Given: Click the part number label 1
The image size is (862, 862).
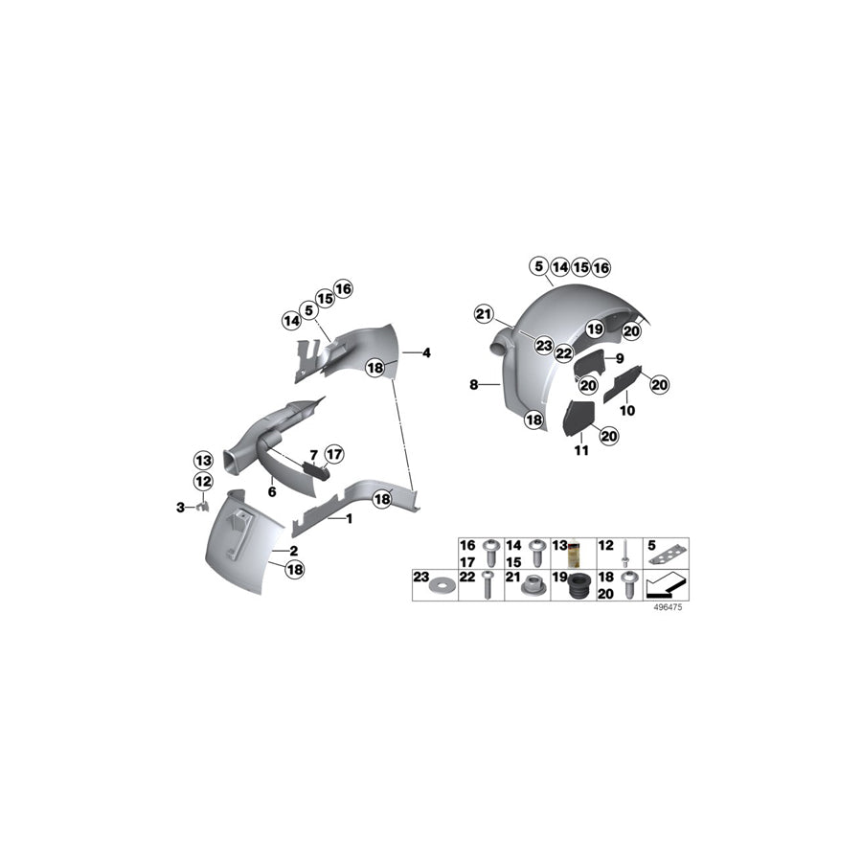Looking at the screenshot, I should click(350, 518).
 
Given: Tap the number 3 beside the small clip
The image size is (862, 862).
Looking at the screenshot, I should click(179, 508).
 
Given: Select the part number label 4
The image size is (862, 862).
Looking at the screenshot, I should click(426, 353).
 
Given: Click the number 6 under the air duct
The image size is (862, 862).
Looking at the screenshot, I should click(272, 491).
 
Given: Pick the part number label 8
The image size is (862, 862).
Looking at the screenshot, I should click(473, 385).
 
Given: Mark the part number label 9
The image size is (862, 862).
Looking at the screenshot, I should click(620, 357).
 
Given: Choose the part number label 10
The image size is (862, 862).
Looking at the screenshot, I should click(628, 409).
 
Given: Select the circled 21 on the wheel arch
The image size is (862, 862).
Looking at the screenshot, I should click(485, 313).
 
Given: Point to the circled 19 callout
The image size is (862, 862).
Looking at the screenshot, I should click(594, 329).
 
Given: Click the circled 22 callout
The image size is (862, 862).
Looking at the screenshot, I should click(565, 354).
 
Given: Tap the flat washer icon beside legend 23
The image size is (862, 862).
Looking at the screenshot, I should click(442, 584).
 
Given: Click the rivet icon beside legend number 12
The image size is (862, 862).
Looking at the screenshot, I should click(623, 553).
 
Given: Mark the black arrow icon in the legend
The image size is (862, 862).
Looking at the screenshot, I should click(668, 583).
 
